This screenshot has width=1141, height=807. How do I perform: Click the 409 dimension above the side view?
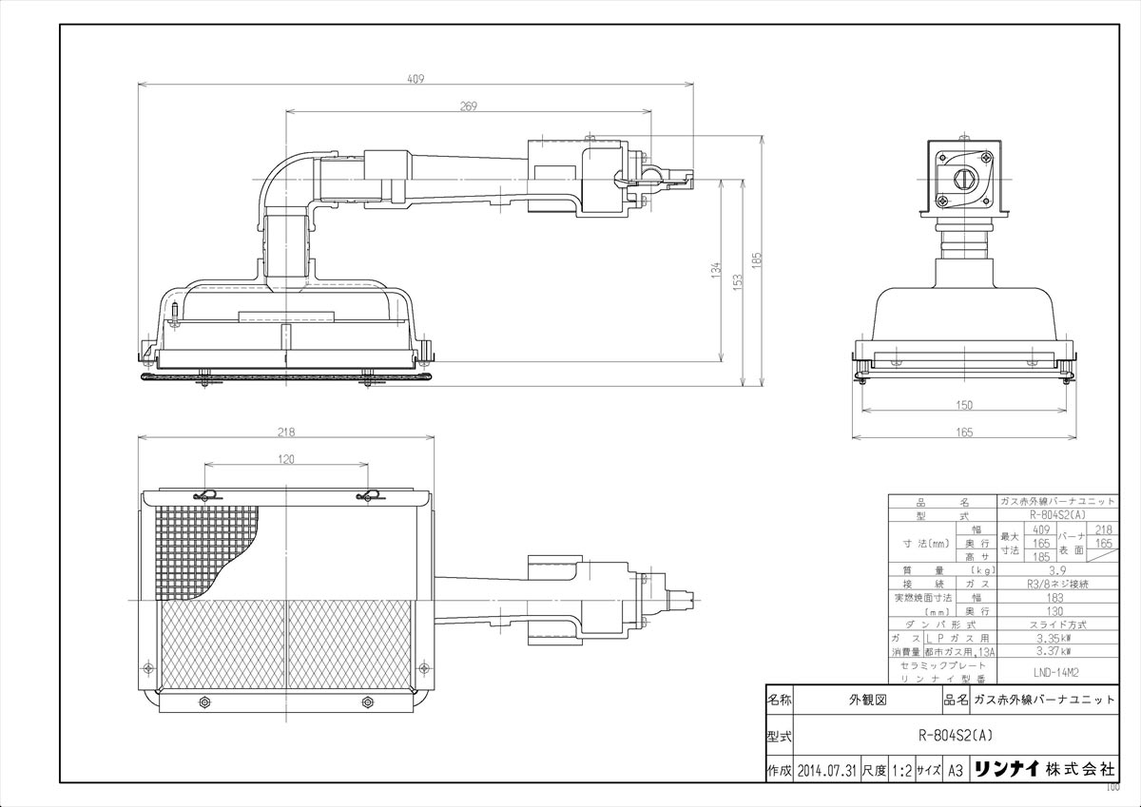(415, 80)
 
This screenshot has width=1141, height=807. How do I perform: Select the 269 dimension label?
(468, 106)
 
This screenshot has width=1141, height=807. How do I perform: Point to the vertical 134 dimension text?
(716, 270)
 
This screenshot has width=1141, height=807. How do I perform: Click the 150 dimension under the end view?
(964, 405)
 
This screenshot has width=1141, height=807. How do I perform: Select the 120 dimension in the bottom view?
(286, 459)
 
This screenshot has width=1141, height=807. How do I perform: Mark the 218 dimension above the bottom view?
(285, 432)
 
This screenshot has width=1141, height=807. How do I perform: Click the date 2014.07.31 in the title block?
(826, 770)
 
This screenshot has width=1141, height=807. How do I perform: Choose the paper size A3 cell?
(956, 770)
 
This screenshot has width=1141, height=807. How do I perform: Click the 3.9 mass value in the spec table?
(1058, 570)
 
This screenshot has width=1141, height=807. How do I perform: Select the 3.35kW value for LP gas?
(1058, 640)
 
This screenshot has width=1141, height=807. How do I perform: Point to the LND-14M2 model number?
(1058, 670)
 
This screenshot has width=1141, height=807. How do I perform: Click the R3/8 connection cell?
(1058, 584)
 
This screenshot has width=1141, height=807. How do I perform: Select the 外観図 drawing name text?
(866, 699)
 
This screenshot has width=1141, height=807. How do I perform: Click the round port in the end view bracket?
(963, 177)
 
